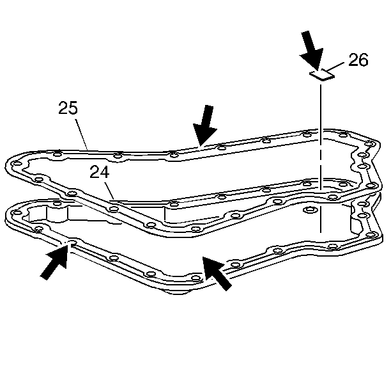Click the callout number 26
pyautogui.click(x=358, y=60)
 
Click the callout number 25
pyautogui.click(x=68, y=108)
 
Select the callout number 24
pyautogui.click(x=100, y=172)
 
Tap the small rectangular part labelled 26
pyautogui.click(x=322, y=75)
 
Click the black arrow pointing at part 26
pyautogui.click(x=310, y=50)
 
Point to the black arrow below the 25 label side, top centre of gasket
pyautogui.click(x=205, y=125)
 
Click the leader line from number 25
pyautogui.click(x=82, y=134)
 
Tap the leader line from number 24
pyautogui.click(x=109, y=191)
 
